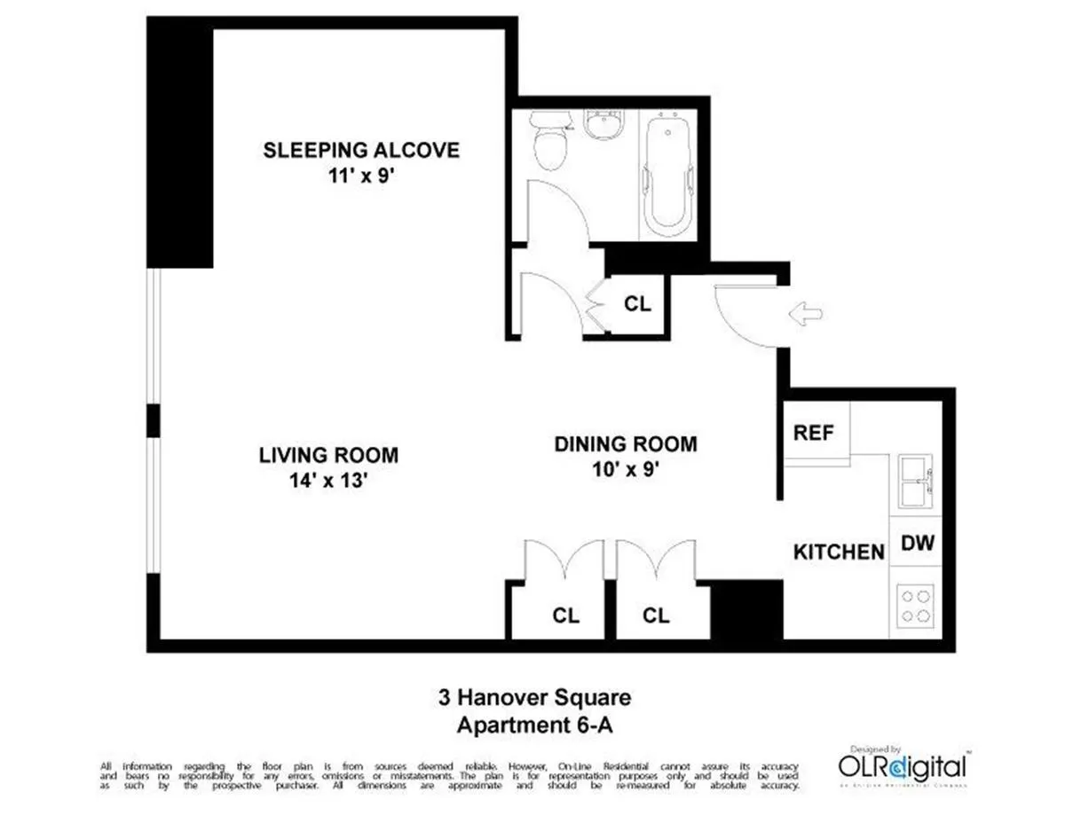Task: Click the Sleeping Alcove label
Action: [x=361, y=149]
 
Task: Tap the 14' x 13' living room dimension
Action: [x=328, y=482]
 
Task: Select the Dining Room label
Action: [x=626, y=443]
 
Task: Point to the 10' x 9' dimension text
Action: [x=626, y=470]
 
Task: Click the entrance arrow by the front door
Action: [x=805, y=312]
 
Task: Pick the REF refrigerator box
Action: [x=815, y=433]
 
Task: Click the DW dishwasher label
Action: [x=918, y=543]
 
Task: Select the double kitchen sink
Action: [x=915, y=481]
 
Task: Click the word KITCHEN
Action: [x=839, y=552]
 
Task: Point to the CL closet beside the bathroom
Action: [x=637, y=304]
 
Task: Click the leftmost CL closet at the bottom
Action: [x=565, y=615]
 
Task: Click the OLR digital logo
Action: [x=903, y=764]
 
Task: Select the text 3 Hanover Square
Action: [x=535, y=697]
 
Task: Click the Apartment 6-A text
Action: [x=535, y=724]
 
